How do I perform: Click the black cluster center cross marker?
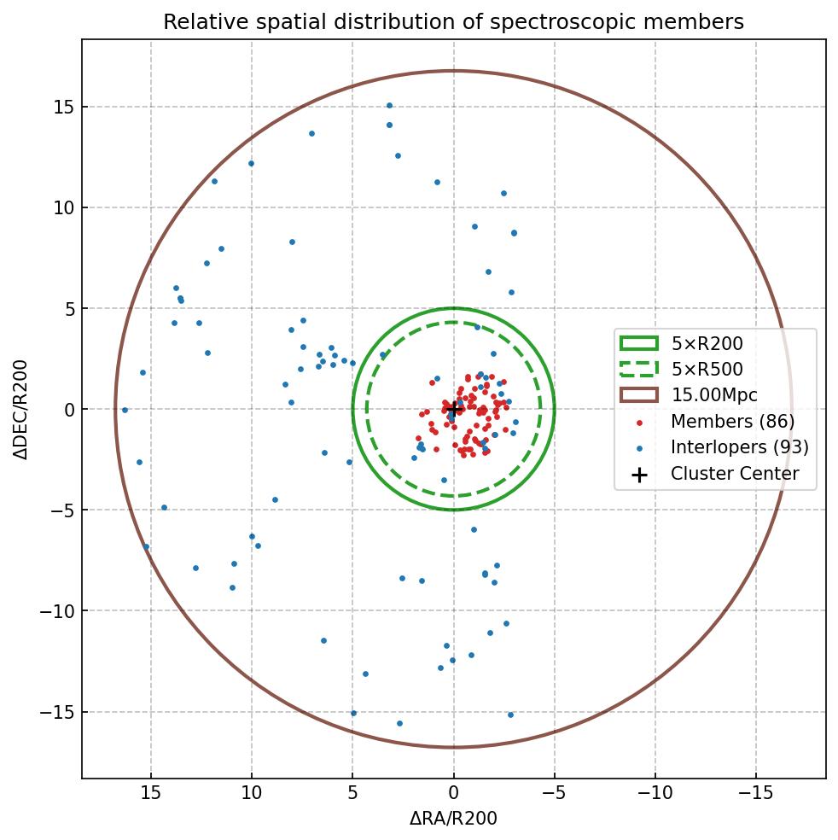pyautogui.click(x=454, y=409)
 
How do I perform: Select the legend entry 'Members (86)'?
pyautogui.click(x=732, y=422)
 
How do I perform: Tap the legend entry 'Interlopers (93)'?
pyautogui.click(x=739, y=447)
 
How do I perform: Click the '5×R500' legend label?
pyautogui.click(x=707, y=370)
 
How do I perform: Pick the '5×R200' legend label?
pyautogui.click(x=707, y=344)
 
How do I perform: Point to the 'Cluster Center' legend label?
pyautogui.click(x=735, y=474)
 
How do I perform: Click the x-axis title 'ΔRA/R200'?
pyautogui.click(x=453, y=819)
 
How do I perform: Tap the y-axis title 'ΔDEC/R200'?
pyautogui.click(x=20, y=409)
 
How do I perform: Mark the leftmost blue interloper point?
pyautogui.click(x=125, y=410)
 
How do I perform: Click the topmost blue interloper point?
pyautogui.click(x=389, y=106)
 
